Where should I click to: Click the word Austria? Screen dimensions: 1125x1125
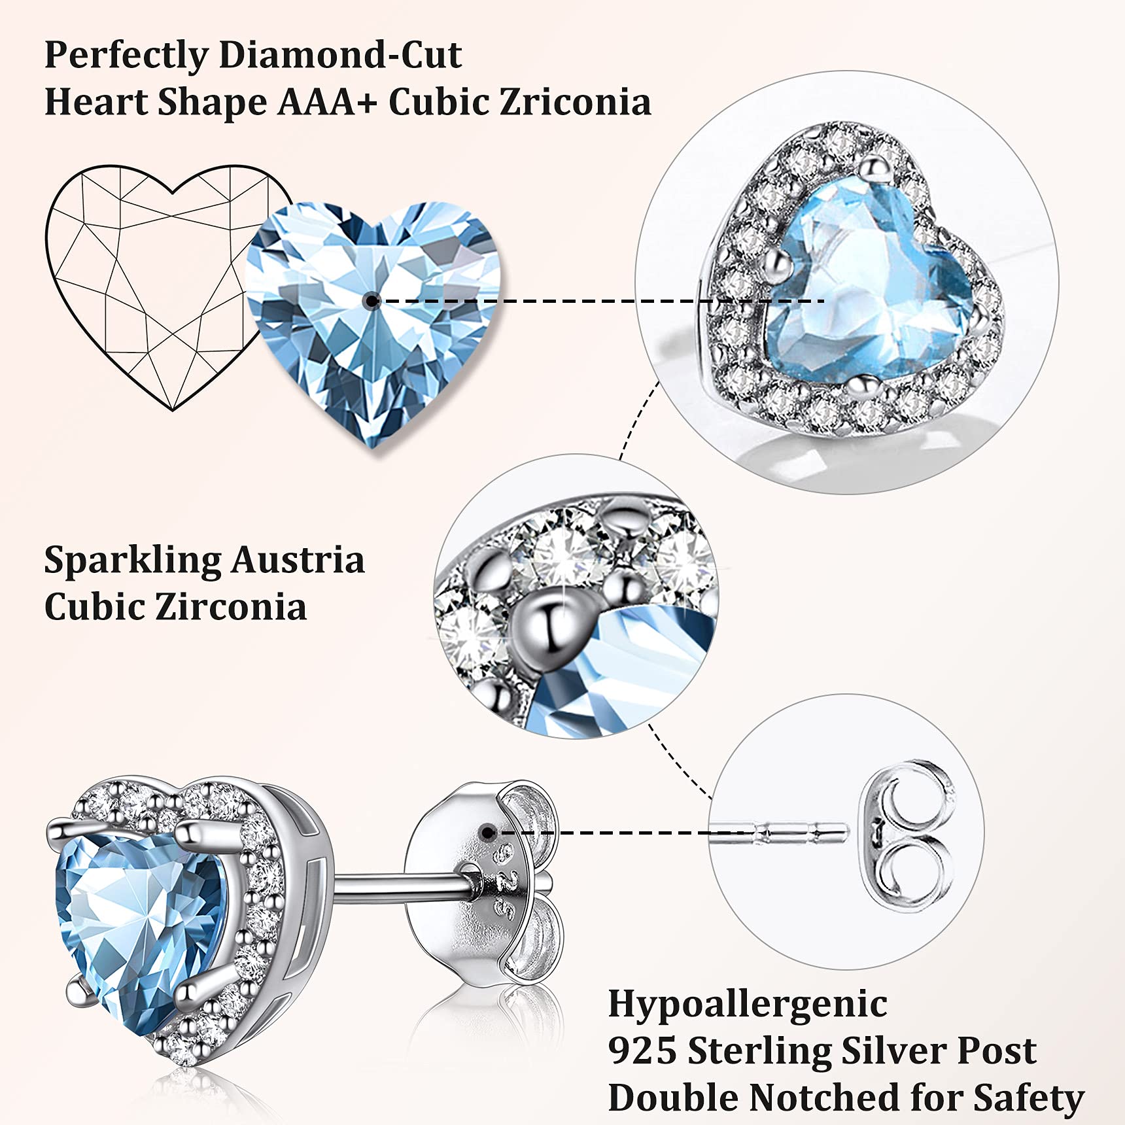(x=298, y=561)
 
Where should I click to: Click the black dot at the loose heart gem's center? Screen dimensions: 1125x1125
(x=372, y=301)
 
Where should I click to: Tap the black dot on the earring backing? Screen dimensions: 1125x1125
(x=487, y=832)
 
